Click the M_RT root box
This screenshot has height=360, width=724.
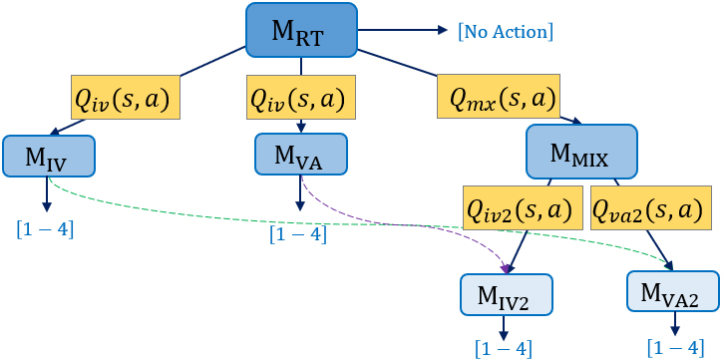point(302,29)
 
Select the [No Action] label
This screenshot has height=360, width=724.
point(504,31)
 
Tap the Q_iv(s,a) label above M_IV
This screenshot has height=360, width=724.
point(124,98)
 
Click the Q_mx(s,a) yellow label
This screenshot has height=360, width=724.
point(496,98)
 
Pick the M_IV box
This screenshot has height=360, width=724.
point(48,155)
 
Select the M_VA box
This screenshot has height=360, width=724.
point(300,155)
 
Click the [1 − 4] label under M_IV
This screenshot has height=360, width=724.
point(45,230)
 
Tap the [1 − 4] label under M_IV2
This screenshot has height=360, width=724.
point(504,348)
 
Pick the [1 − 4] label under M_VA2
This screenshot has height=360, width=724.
point(676,347)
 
